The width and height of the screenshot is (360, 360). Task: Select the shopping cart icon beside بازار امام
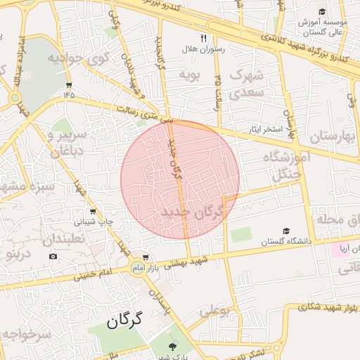point(146,258)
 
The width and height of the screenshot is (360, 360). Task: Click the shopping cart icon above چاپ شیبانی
point(93,211)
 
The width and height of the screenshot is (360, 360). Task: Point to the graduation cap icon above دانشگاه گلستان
point(286,231)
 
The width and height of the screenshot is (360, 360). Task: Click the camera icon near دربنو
point(53,256)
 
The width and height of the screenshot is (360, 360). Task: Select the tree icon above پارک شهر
point(174,345)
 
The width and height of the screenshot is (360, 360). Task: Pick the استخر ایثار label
point(263,130)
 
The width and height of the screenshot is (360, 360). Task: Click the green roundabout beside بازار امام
point(136,267)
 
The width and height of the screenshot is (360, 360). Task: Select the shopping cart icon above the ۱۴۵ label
point(68,79)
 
